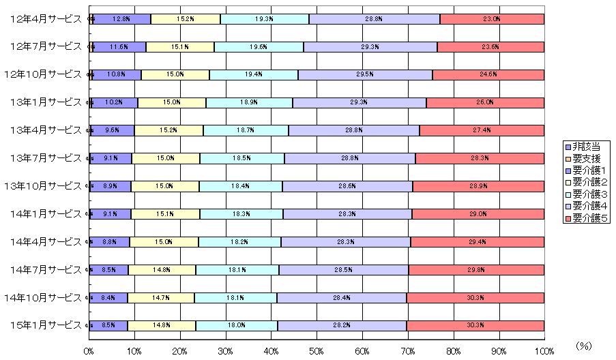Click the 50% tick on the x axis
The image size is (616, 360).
[x=317, y=350]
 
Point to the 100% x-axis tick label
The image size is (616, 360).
[x=543, y=350]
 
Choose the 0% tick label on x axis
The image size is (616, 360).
[x=89, y=350]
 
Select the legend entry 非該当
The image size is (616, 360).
[x=585, y=147]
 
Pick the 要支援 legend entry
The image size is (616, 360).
[x=585, y=158]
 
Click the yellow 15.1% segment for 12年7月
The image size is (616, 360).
[x=180, y=47]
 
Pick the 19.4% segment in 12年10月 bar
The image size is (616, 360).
[x=254, y=74]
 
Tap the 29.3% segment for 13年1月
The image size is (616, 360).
[x=360, y=102]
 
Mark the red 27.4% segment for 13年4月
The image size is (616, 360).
[x=482, y=130]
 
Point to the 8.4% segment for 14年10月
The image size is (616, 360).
[x=108, y=298]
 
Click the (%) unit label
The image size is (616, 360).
[x=585, y=346]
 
